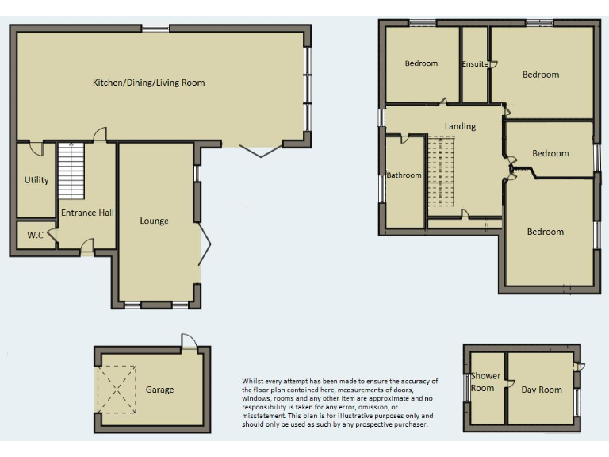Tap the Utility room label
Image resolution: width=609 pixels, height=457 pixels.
[36, 180]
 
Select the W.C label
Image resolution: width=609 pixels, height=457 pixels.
[35, 236]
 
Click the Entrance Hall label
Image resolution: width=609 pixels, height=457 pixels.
[88, 213]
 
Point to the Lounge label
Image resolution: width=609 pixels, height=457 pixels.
[154, 221]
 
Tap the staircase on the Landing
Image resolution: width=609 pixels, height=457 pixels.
[442, 175]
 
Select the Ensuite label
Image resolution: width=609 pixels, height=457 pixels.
[475, 64]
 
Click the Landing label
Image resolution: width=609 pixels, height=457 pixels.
[460, 126]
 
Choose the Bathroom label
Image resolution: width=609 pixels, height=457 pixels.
[404, 175]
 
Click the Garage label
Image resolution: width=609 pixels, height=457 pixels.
[159, 390]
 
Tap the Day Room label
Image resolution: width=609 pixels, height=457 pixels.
[542, 390]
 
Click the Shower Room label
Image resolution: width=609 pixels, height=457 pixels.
[483, 382]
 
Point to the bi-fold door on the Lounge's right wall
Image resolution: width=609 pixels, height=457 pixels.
[205, 243]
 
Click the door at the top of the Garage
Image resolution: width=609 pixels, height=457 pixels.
[189, 342]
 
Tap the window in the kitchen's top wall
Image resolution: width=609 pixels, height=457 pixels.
[155, 29]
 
